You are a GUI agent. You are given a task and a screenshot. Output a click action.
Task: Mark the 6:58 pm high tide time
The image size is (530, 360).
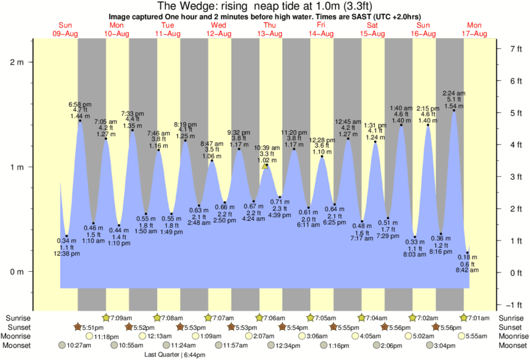pos(80,104)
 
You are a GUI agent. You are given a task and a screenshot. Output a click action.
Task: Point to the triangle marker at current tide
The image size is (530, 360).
pos(266,166)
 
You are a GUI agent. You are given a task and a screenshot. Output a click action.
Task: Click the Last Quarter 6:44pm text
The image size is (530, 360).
pos(176,355)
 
